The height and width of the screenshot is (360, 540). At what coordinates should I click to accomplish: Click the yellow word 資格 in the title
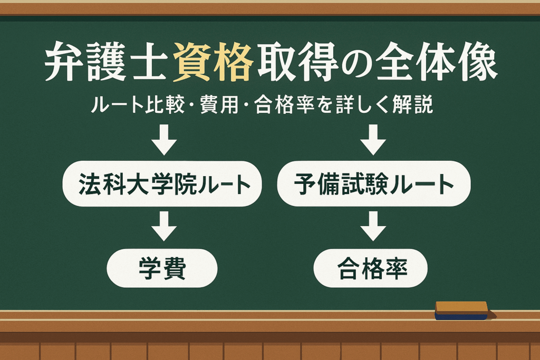click(x=213, y=62)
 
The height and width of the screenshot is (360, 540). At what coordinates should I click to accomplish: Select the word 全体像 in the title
click(x=436, y=62)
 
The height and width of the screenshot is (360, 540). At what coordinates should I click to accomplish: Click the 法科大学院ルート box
click(x=162, y=184)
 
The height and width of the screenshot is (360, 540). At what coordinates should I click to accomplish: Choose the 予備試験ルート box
click(x=374, y=184)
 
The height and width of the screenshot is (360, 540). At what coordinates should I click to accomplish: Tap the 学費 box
click(x=162, y=268)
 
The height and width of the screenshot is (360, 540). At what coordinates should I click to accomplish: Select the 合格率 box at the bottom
click(x=371, y=268)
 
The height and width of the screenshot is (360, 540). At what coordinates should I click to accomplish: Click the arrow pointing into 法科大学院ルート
click(x=164, y=140)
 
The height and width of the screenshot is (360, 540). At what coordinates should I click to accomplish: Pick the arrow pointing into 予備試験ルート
click(x=373, y=140)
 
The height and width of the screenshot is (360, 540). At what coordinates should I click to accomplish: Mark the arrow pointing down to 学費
click(x=164, y=226)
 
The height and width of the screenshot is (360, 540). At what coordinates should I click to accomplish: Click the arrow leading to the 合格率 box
click(x=373, y=226)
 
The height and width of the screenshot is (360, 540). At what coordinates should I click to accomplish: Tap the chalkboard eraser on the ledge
click(x=461, y=310)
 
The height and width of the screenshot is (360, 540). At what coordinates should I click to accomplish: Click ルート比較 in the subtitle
click(x=138, y=105)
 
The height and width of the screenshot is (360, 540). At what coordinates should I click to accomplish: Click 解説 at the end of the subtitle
click(x=412, y=105)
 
